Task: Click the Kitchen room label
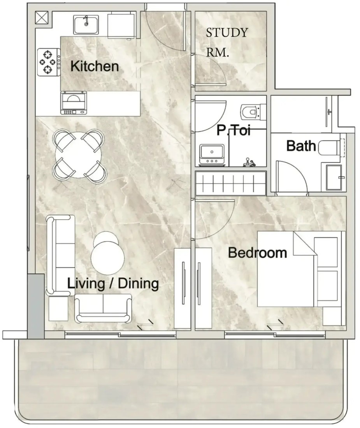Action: point(95,66)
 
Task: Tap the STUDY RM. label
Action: point(227,42)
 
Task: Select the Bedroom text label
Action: point(257,253)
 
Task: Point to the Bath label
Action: point(301,146)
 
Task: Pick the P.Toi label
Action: point(234,130)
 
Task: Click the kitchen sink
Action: point(86,25)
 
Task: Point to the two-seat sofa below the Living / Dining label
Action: point(103,309)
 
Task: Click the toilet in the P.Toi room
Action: point(253,111)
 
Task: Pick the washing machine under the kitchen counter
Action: point(74,103)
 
